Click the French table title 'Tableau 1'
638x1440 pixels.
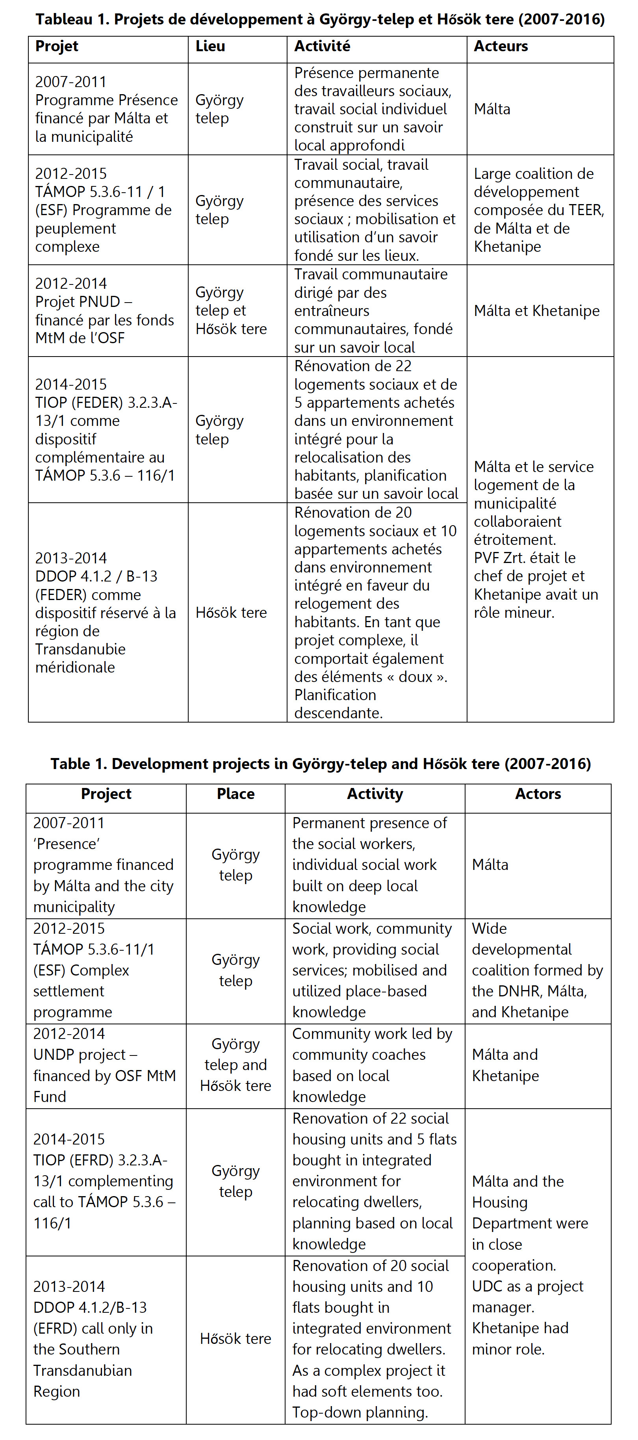319,20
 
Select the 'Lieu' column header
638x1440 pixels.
210,46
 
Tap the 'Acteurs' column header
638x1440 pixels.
501,46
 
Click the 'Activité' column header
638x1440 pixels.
323,46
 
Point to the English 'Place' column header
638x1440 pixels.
235,794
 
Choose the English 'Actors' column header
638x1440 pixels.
538,794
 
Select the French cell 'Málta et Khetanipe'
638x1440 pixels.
536,311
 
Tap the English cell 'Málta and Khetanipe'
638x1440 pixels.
505,1065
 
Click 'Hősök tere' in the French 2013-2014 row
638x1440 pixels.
231,613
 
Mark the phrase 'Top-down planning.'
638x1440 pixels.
360,1412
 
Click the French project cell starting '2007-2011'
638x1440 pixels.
106,109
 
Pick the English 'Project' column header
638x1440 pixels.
106,794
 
